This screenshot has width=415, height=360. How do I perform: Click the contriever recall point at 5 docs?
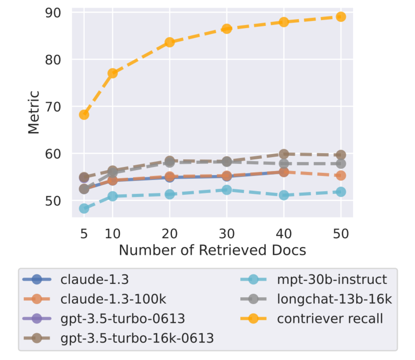84,115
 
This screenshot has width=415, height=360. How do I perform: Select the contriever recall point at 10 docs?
112,73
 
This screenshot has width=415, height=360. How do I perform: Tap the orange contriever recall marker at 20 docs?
169,42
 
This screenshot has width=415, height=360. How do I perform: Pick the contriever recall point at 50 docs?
341,16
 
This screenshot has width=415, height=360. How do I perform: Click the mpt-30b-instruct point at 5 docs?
84,209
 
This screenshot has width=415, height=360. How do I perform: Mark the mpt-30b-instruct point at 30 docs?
227,190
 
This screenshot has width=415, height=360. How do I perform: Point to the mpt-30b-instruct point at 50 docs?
341,192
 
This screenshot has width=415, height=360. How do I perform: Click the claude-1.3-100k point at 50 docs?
341,175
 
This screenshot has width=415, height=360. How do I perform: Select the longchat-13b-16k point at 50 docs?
341,164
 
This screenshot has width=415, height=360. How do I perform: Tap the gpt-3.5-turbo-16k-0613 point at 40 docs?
284,154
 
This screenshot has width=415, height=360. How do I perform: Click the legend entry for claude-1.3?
95,280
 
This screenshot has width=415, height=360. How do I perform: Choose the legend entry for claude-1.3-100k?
113,299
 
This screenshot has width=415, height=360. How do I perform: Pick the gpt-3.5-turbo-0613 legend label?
122,319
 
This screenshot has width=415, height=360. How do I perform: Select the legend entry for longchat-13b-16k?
334,299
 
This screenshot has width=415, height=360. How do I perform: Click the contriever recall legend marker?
253,319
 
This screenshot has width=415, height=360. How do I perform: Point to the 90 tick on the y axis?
53,13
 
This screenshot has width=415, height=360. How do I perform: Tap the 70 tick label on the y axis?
53,107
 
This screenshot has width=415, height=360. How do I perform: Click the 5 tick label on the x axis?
84,233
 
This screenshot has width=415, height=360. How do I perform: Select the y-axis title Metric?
34,112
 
